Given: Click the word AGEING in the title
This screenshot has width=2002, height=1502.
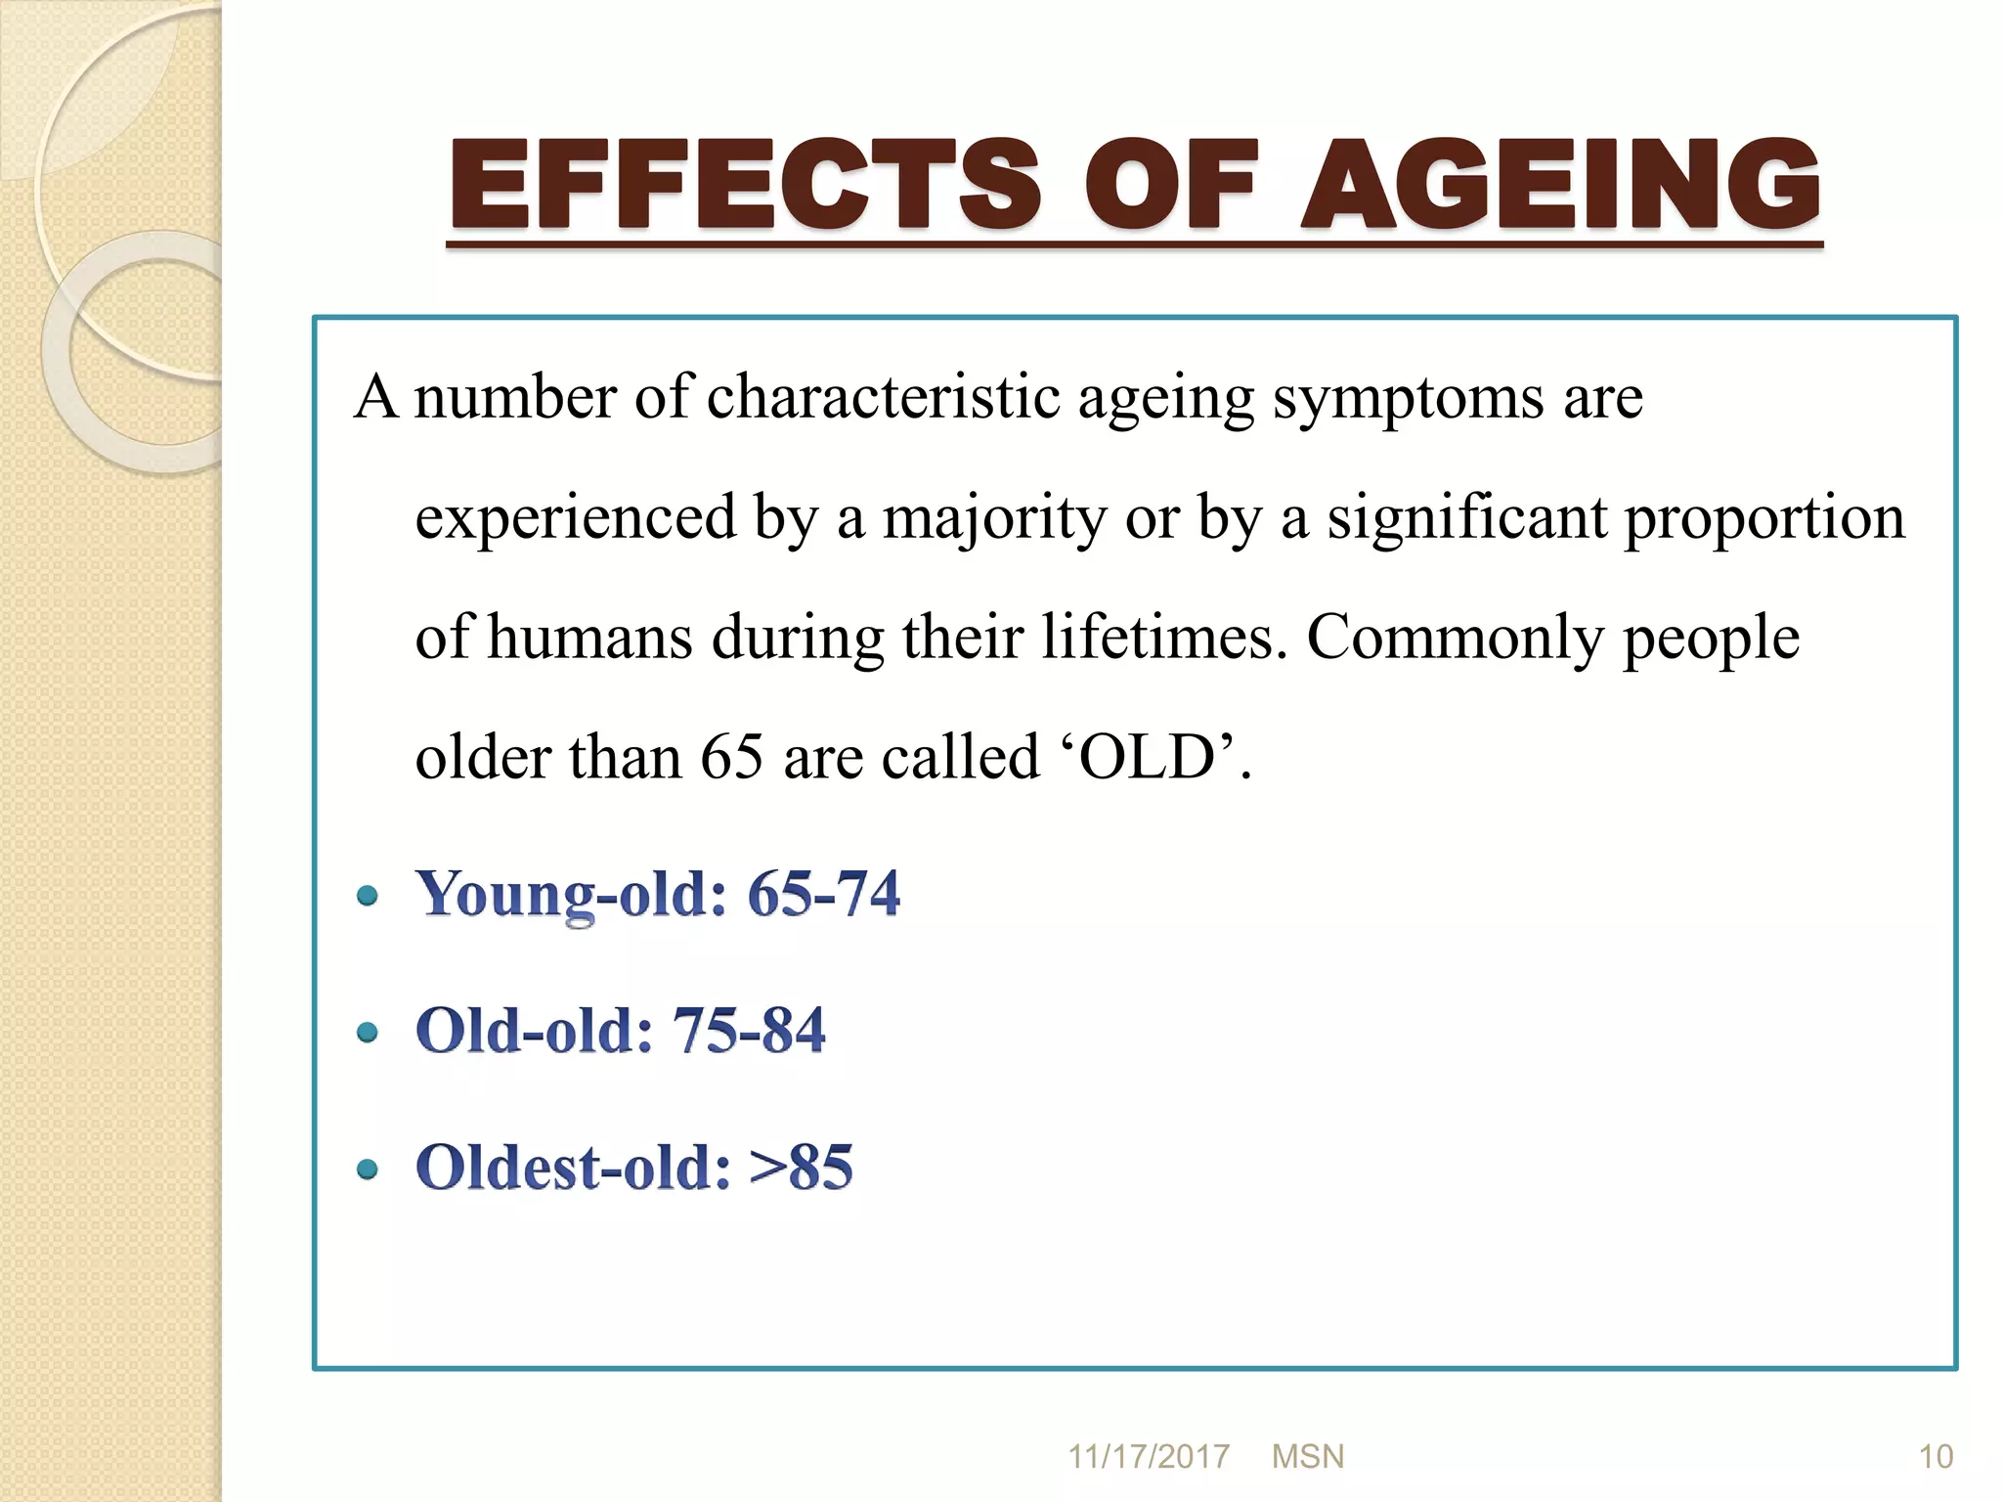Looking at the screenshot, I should coord(1561,183).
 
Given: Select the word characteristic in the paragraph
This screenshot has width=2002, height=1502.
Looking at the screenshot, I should coord(883,398).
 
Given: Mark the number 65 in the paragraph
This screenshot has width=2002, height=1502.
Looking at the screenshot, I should coord(731,758).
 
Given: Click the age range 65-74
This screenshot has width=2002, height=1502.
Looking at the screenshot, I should coord(823,893).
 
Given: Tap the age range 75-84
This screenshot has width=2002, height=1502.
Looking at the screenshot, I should coord(749,1030).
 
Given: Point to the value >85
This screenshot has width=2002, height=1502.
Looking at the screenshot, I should coord(801,1167).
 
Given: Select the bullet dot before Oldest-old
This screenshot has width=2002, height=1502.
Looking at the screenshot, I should coord(368,1169).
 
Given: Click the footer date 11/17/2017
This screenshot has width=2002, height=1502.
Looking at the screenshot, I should coord(1148,1457).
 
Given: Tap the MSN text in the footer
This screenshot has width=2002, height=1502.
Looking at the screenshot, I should coord(1308,1457).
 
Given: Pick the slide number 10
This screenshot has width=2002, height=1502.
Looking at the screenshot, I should coord(1936,1457).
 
